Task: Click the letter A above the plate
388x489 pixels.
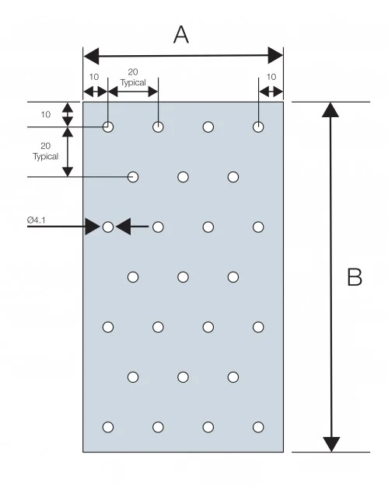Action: click(180, 35)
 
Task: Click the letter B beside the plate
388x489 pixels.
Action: click(355, 277)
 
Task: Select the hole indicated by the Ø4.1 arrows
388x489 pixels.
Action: click(108, 227)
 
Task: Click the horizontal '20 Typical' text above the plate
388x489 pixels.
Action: click(133, 75)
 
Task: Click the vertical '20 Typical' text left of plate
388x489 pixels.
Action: click(45, 151)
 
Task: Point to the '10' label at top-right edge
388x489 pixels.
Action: click(271, 77)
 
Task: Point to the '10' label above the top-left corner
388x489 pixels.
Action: click(94, 77)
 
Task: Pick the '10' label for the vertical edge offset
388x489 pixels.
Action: click(45, 114)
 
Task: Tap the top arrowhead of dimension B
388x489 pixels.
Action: click(331, 109)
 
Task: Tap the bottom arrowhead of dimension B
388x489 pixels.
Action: click(331, 444)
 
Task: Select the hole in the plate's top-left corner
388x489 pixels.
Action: click(108, 127)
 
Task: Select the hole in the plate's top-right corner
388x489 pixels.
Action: click(258, 127)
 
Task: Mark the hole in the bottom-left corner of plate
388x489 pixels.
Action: click(108, 427)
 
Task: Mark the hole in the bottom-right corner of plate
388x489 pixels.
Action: click(258, 427)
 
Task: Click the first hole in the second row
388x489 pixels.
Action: click(133, 177)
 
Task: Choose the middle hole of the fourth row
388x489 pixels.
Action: click(184, 277)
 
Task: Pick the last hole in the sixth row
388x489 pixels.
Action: click(233, 377)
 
